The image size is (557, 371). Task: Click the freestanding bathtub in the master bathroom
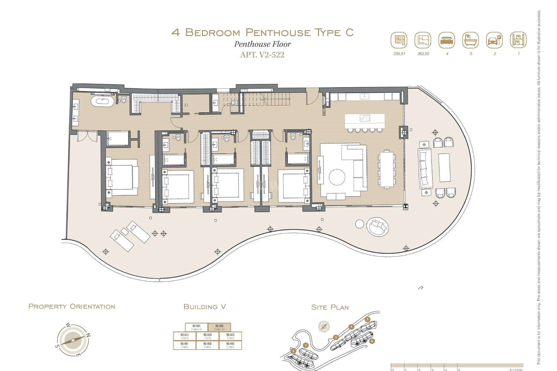pyautogui.click(x=102, y=101)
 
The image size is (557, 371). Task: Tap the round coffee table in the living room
pyautogui.click(x=337, y=177)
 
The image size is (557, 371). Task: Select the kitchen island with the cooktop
pyautogui.click(x=365, y=121)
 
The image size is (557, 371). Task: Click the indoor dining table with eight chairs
pyautogui.click(x=386, y=170)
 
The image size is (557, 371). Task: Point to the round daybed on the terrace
pyautogui.click(x=377, y=227)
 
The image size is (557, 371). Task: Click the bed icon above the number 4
pyautogui.click(x=447, y=40)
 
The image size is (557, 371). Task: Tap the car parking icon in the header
pyautogui.click(x=494, y=40)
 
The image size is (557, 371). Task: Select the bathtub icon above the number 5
pyautogui.click(x=470, y=40)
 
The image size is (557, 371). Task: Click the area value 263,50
pyautogui.click(x=423, y=54)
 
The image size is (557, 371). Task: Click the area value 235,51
pyautogui.click(x=399, y=54)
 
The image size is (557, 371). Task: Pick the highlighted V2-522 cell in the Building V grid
pyautogui.click(x=219, y=327)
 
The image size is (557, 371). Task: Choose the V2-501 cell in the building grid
pyautogui.click(x=185, y=345)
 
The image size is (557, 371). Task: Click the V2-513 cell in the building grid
pyautogui.click(x=230, y=336)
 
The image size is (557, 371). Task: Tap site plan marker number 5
pyautogui.click(x=368, y=319)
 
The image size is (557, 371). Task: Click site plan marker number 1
pyautogui.click(x=305, y=345)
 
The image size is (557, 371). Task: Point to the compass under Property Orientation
pyautogui.click(x=73, y=340)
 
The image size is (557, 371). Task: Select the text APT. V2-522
pyautogui.click(x=262, y=55)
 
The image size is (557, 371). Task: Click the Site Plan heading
pyautogui.click(x=330, y=307)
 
